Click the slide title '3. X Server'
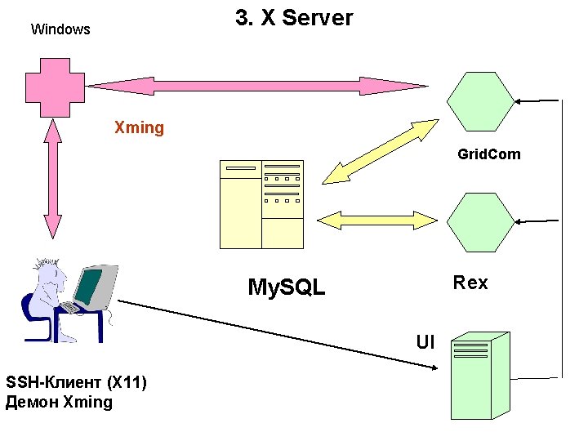[x=294, y=19]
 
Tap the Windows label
[x=60, y=29]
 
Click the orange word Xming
[x=139, y=128]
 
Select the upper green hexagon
[x=481, y=101]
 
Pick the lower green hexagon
[x=481, y=221]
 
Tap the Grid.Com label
[x=488, y=154]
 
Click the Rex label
[x=470, y=283]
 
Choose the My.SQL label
[x=286, y=287]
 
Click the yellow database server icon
[x=261, y=204]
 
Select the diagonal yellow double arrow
[x=380, y=151]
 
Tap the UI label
[x=425, y=342]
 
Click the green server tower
[x=481, y=375]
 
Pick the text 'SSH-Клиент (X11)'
[x=76, y=382]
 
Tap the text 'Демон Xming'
[x=59, y=402]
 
